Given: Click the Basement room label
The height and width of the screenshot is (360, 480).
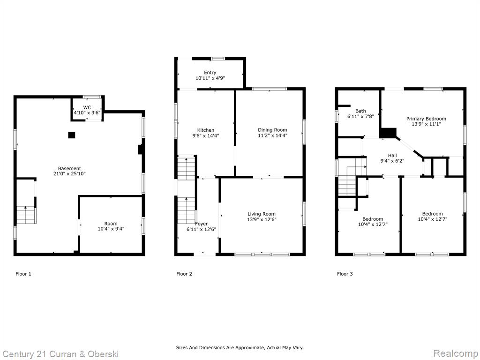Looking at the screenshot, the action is coord(69,168).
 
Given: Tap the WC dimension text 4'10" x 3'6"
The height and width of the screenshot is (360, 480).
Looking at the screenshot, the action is coord(87,112).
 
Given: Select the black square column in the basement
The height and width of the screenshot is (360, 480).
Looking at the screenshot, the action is coord(71,135).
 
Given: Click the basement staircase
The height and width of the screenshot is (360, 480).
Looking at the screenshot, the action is coord(26,215).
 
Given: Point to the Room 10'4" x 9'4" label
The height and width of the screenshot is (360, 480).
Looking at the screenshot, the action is coord(111,226).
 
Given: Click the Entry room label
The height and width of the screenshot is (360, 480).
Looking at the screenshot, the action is coord(210,73).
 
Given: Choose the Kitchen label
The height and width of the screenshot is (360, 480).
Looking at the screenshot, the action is coord(206,130).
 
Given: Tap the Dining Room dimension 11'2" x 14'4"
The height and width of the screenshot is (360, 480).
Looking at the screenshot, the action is coord(272,135).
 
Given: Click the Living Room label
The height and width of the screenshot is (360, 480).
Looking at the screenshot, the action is coord(262,214).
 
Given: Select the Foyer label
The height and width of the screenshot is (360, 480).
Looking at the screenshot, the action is coord(202,224).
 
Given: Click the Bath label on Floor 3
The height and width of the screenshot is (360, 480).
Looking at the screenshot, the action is coord(360,111).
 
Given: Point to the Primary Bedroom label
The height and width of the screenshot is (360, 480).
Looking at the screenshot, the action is coord(426,119).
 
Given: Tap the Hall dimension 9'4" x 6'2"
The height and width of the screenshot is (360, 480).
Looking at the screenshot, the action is coord(392,161).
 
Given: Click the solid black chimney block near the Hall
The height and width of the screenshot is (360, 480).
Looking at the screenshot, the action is coord(388,133).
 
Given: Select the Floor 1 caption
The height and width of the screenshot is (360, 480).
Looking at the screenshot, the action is coord(23,274).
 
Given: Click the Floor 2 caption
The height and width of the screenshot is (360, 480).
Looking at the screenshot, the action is coord(184,274).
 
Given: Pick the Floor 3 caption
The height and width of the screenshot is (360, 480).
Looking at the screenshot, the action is coord(345,274).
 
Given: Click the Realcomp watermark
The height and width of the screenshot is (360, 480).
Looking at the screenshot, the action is coord(455,353).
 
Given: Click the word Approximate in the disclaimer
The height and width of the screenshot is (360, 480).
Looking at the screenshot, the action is coord(248,348).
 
